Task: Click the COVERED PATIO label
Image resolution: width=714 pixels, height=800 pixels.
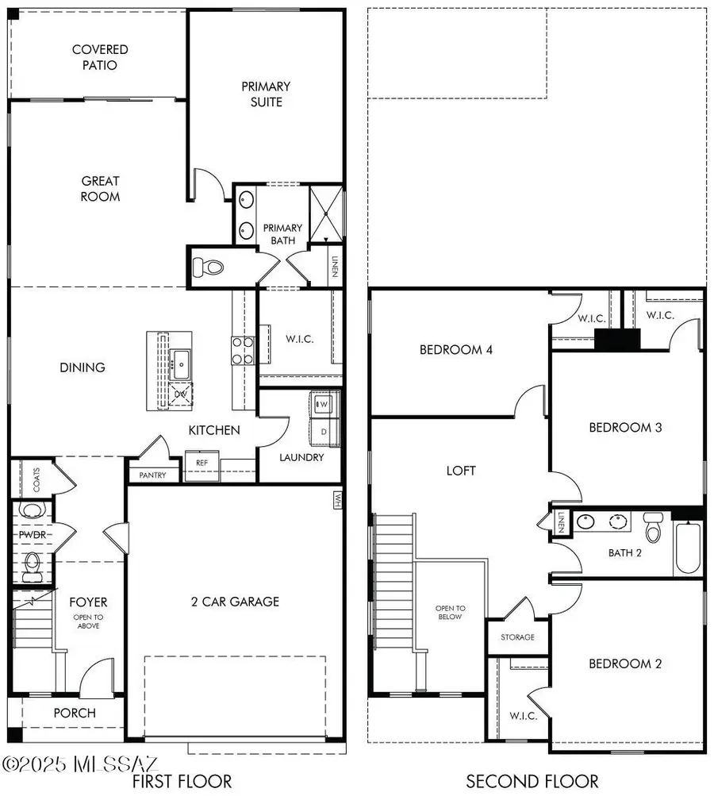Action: (100, 57)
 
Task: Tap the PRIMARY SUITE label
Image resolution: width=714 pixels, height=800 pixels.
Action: (266, 94)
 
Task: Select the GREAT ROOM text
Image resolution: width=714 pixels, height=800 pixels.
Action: (100, 188)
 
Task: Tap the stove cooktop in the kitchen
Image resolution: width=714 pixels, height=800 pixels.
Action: (242, 349)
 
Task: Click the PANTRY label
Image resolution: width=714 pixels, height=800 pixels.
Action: (153, 475)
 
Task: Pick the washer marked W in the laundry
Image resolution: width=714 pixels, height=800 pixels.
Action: (322, 404)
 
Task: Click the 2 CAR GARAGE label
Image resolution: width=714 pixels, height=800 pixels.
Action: (234, 602)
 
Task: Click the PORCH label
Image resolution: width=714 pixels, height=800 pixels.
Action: (74, 713)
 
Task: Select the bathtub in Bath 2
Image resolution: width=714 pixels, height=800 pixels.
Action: (687, 548)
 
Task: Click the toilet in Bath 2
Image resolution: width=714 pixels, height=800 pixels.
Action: (652, 527)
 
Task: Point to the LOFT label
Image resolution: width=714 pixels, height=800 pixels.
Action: (460, 471)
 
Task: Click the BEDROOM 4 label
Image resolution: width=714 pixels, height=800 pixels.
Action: (456, 349)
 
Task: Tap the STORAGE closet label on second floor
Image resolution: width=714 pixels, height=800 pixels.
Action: (517, 637)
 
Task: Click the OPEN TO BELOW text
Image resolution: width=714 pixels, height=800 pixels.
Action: (449, 612)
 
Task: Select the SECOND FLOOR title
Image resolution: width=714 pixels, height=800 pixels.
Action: (532, 781)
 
